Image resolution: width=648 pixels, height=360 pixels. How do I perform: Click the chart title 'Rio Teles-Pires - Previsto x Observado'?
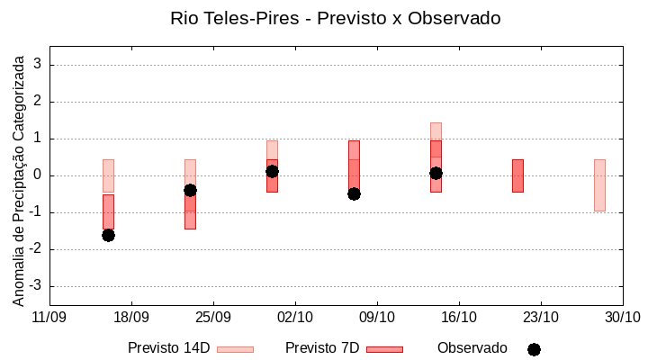click(x=335, y=18)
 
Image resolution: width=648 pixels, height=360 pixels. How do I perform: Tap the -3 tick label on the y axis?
click(x=36, y=286)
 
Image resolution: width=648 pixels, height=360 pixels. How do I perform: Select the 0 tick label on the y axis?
click(x=39, y=175)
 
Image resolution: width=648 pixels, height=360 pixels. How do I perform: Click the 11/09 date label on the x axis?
click(x=49, y=317)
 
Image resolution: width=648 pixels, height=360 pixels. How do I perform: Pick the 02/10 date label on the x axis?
click(x=294, y=317)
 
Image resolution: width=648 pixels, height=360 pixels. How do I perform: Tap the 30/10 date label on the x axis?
click(x=622, y=317)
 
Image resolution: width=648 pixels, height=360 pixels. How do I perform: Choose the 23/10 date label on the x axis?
click(x=540, y=317)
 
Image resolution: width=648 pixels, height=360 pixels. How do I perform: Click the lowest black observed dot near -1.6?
click(x=108, y=235)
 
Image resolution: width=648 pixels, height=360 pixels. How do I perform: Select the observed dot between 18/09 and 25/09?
click(x=190, y=190)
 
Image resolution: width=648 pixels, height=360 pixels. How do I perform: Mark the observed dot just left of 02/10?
click(x=272, y=171)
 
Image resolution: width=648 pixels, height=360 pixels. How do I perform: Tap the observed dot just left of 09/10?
click(x=354, y=193)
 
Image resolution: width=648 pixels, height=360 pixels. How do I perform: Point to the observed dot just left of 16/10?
click(x=436, y=173)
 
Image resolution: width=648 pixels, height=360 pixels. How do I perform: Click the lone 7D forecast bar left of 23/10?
click(x=517, y=175)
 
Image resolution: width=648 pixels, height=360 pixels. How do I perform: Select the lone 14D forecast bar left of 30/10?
click(x=599, y=185)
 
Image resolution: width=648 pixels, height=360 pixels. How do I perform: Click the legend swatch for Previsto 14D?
click(x=235, y=349)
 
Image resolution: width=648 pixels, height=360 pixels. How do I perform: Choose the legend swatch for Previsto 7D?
click(x=384, y=349)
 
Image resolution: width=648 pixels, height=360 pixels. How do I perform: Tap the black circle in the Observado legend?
click(x=534, y=349)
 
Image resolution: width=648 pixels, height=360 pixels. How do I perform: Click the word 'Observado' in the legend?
click(x=472, y=347)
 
